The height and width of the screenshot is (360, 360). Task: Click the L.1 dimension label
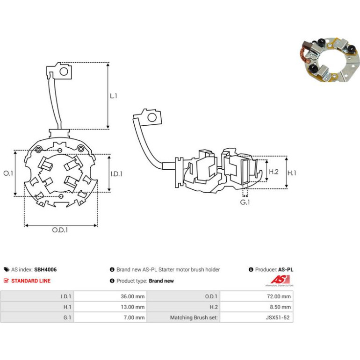(x=114, y=96)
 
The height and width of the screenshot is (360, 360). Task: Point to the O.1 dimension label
(x=8, y=173)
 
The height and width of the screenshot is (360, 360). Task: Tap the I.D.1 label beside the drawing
(x=116, y=174)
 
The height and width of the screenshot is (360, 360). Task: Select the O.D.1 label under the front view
(x=60, y=230)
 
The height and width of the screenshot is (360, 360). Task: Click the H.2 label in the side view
(x=274, y=172)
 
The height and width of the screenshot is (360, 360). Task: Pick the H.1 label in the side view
(x=292, y=173)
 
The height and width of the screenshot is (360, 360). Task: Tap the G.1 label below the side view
(x=245, y=202)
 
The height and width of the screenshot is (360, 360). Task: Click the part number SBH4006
(x=45, y=270)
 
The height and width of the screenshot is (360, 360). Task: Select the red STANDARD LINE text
(x=31, y=281)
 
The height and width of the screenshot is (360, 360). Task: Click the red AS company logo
(x=280, y=280)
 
